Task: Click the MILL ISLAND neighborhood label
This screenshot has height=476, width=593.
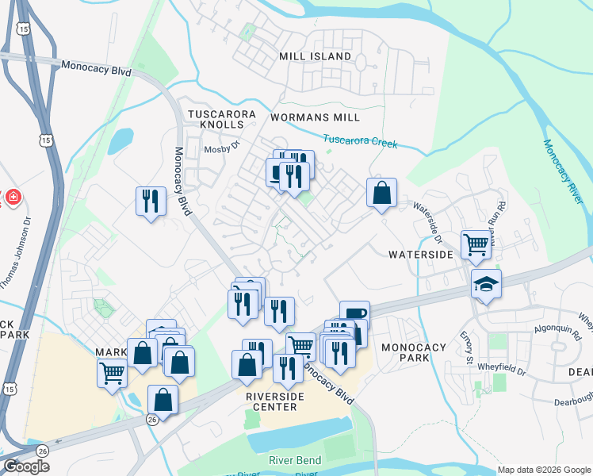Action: pos(315,56)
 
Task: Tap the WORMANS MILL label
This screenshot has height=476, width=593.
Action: pos(315,117)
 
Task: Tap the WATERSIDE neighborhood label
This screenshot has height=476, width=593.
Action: pos(420,255)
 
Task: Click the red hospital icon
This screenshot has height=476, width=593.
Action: pos(13,197)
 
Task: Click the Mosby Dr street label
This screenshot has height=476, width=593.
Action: pos(221,148)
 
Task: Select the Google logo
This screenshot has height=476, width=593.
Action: pos(26,466)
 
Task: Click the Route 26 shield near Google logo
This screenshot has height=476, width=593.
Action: pos(42,450)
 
